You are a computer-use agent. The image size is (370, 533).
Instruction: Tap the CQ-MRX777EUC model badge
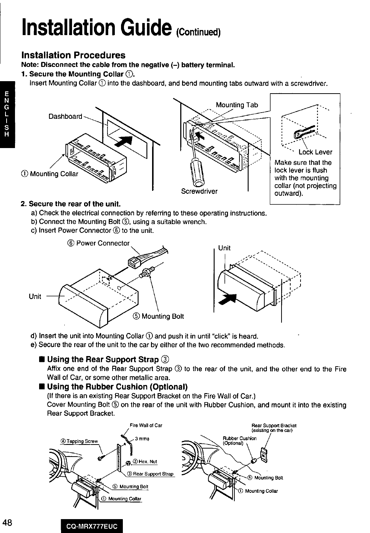(92, 526)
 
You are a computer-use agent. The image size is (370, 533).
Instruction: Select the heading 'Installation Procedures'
(73, 55)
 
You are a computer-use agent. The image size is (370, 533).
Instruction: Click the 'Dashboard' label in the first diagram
(65, 116)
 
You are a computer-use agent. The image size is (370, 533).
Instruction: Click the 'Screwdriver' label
(199, 191)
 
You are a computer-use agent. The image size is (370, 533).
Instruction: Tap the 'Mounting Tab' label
(237, 105)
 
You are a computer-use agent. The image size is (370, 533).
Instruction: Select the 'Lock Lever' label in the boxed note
(315, 152)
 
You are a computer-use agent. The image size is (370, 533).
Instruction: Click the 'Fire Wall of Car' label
(146, 426)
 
